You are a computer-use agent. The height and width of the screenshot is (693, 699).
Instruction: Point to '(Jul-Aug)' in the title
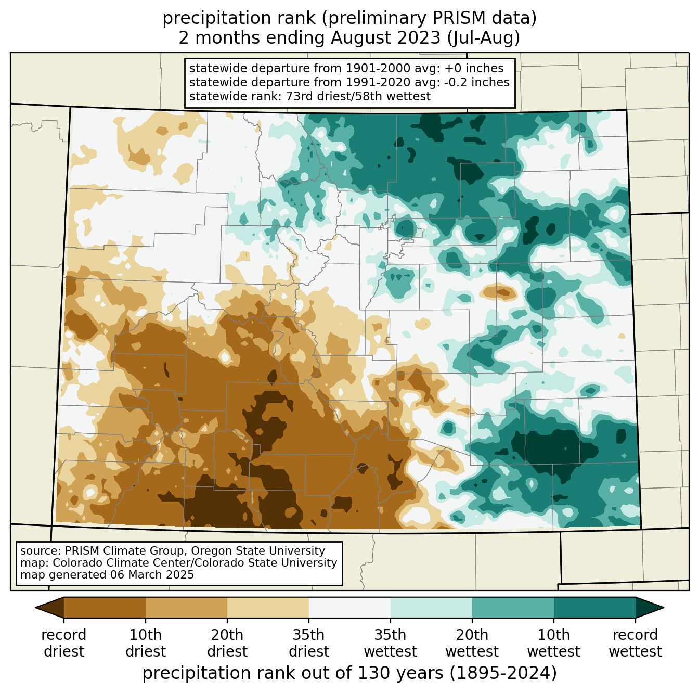[484, 38]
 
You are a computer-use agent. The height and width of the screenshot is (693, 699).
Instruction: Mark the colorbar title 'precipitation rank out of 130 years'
[293, 673]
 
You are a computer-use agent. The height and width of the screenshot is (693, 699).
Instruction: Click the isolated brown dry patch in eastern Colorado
[500, 292]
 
